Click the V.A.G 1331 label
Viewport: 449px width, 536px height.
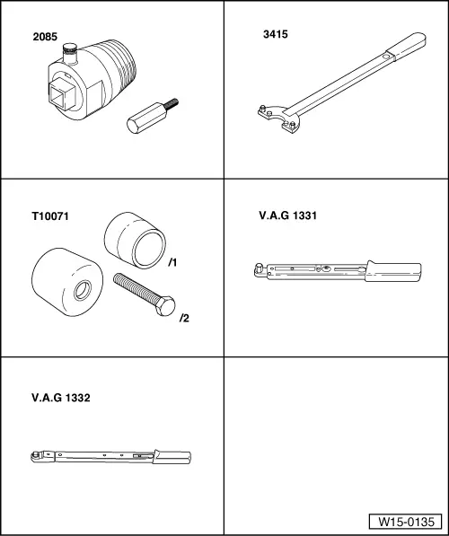tap(287, 215)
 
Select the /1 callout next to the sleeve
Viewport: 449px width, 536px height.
tap(173, 263)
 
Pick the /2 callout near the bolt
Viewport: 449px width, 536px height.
tap(184, 318)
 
